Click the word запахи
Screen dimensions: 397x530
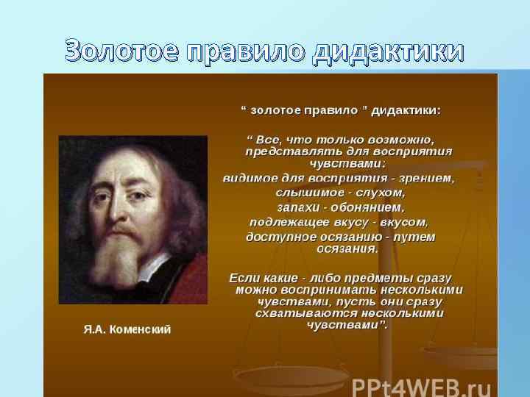pos(302,208)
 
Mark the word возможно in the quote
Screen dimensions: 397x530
pos(402,138)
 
